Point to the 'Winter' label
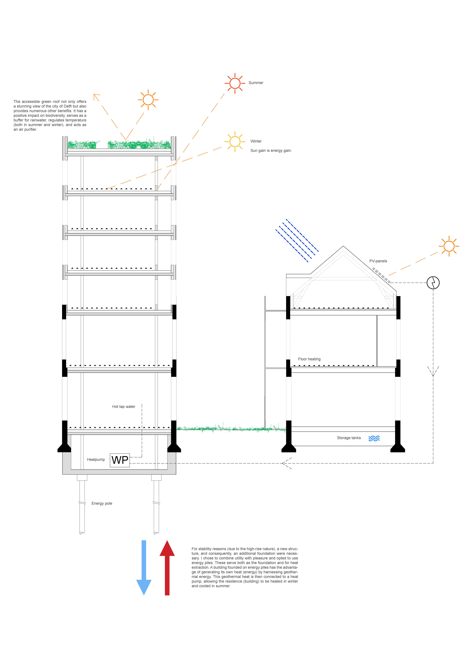[x=256, y=141]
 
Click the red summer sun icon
[x=235, y=83]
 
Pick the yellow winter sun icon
[x=235, y=142]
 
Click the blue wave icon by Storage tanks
[x=374, y=438]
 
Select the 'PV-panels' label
[x=378, y=261]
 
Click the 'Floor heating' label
[x=309, y=359]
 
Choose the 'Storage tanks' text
[x=349, y=438]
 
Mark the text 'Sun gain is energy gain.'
[x=271, y=151]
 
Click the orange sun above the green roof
[x=148, y=100]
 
